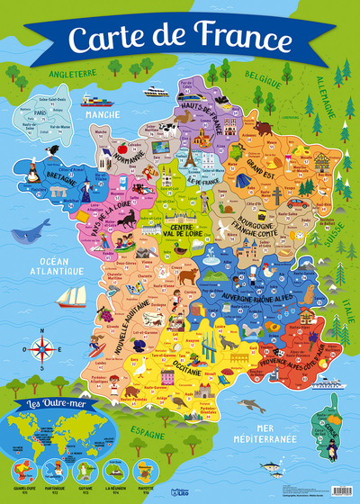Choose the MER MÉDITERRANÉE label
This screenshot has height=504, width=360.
(x=277, y=437)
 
